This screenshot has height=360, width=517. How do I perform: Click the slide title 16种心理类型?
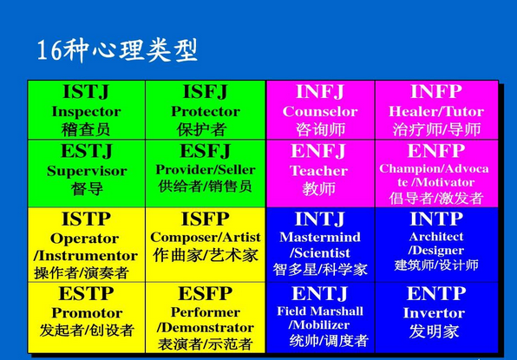tap(117, 50)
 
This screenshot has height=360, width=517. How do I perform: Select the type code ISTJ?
tap(86, 92)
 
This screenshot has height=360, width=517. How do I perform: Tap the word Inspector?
tap(86, 112)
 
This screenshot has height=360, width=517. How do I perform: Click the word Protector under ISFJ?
tap(205, 111)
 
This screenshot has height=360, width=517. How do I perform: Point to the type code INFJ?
tap(320, 92)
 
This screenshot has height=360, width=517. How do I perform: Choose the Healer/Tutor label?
tap(436, 111)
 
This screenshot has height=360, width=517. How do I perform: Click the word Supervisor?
tap(87, 171)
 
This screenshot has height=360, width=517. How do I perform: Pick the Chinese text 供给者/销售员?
tap(205, 187)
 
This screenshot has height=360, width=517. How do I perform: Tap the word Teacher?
tap(318, 171)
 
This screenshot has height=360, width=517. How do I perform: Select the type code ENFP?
tap(436, 151)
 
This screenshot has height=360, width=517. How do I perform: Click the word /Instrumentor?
tap(86, 256)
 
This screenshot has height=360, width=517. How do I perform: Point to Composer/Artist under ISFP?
tap(205, 237)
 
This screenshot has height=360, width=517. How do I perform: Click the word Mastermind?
tap(320, 237)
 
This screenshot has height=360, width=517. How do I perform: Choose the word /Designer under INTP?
tap(435, 250)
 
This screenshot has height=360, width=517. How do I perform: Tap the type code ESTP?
tap(86, 293)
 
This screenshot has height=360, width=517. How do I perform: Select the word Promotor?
tap(87, 313)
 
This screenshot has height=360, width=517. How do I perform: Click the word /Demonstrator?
tap(205, 327)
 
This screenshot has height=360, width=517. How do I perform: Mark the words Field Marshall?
tap(320, 311)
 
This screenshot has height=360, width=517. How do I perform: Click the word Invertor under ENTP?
tap(434, 313)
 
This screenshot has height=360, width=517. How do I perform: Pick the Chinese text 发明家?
tap(434, 331)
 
